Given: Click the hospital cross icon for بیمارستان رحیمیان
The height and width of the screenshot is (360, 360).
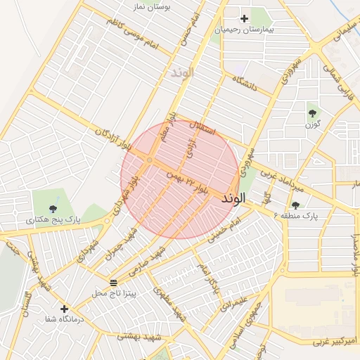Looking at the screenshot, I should pos(244,18).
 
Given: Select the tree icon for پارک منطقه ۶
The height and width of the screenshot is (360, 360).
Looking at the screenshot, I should pos(295,205).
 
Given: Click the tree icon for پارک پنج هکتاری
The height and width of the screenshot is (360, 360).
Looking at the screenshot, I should pos(53,208).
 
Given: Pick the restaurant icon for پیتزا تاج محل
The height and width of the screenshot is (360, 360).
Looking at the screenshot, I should pos(114,282).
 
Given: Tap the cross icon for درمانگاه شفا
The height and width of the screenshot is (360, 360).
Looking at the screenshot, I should pos(65,309).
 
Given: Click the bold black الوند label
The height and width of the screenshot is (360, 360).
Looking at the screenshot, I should pos(236,199).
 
